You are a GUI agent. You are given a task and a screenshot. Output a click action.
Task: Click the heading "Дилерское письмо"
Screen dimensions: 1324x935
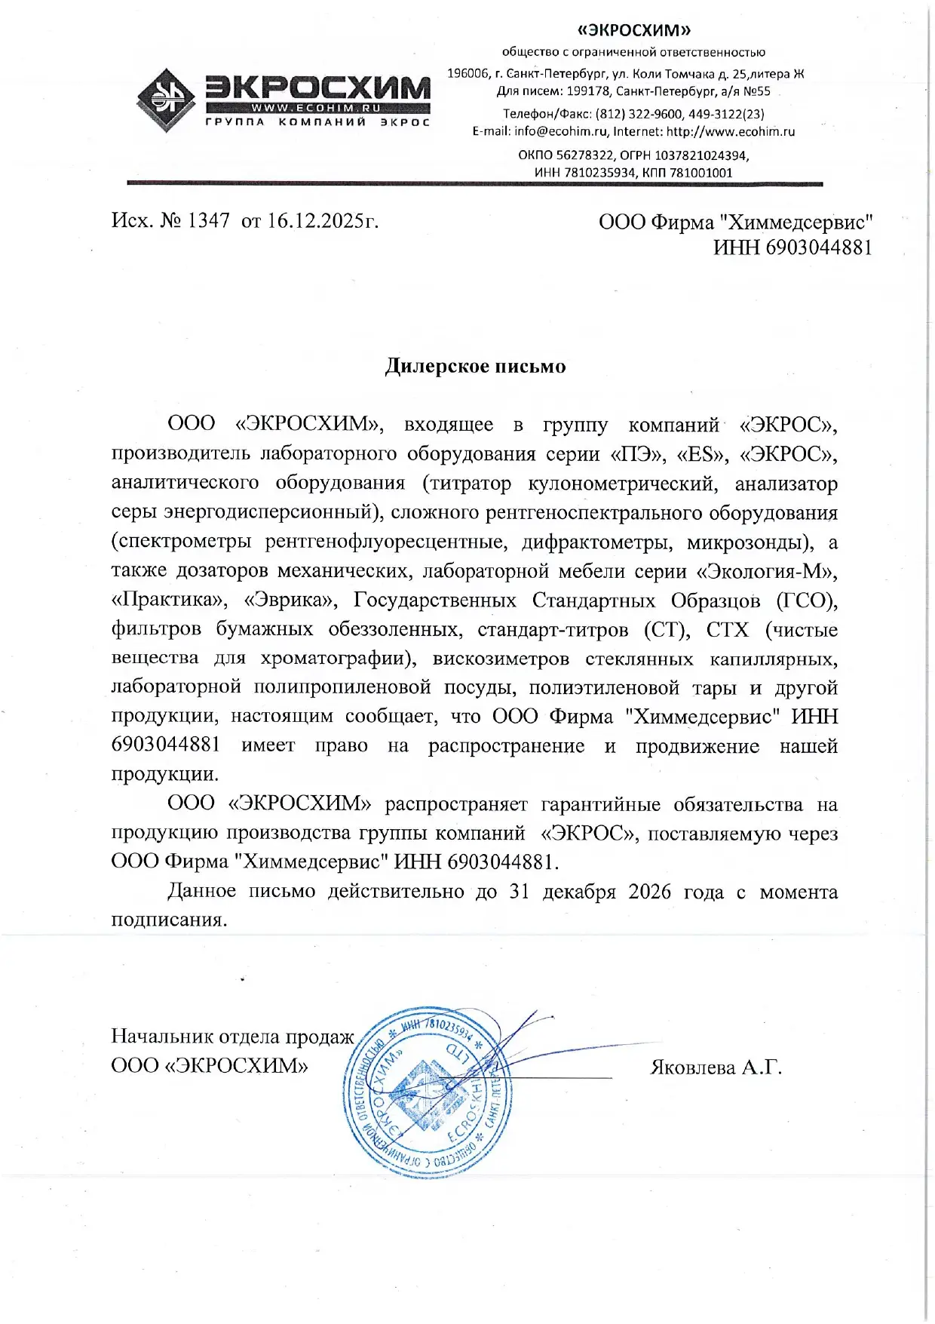tap(475, 366)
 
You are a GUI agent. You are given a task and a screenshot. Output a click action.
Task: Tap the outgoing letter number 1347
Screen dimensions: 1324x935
tap(208, 220)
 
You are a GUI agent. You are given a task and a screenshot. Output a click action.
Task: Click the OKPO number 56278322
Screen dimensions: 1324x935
tap(584, 155)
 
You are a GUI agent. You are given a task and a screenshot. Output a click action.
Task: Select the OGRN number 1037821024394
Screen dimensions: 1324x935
tap(701, 155)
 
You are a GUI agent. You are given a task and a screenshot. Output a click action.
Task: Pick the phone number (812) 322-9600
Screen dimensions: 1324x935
tap(639, 114)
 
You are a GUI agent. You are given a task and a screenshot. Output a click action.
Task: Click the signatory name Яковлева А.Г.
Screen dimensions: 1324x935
tap(716, 1067)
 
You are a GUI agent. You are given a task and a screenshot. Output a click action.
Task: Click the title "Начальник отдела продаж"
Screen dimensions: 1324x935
tap(232, 1037)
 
